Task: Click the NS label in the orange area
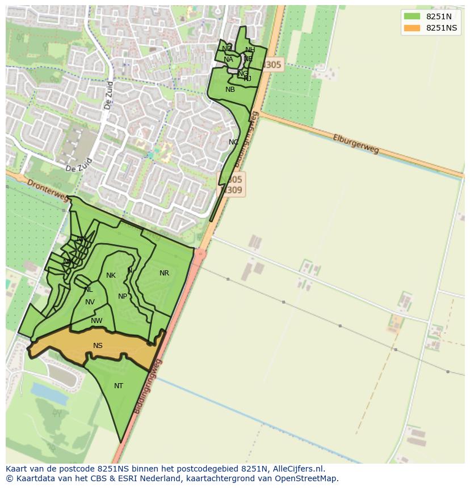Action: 98,346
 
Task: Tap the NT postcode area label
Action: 119,386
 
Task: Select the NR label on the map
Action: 164,273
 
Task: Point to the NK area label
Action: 111,275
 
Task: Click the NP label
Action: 123,296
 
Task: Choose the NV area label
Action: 90,302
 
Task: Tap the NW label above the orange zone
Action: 96,321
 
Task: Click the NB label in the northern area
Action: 230,90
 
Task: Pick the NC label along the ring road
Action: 233,142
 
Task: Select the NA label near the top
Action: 228,60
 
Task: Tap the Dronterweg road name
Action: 40,188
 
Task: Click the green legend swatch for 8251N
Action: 412,16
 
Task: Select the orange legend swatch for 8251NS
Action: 412,28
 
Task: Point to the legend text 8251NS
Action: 441,28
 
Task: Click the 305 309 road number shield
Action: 233,185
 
